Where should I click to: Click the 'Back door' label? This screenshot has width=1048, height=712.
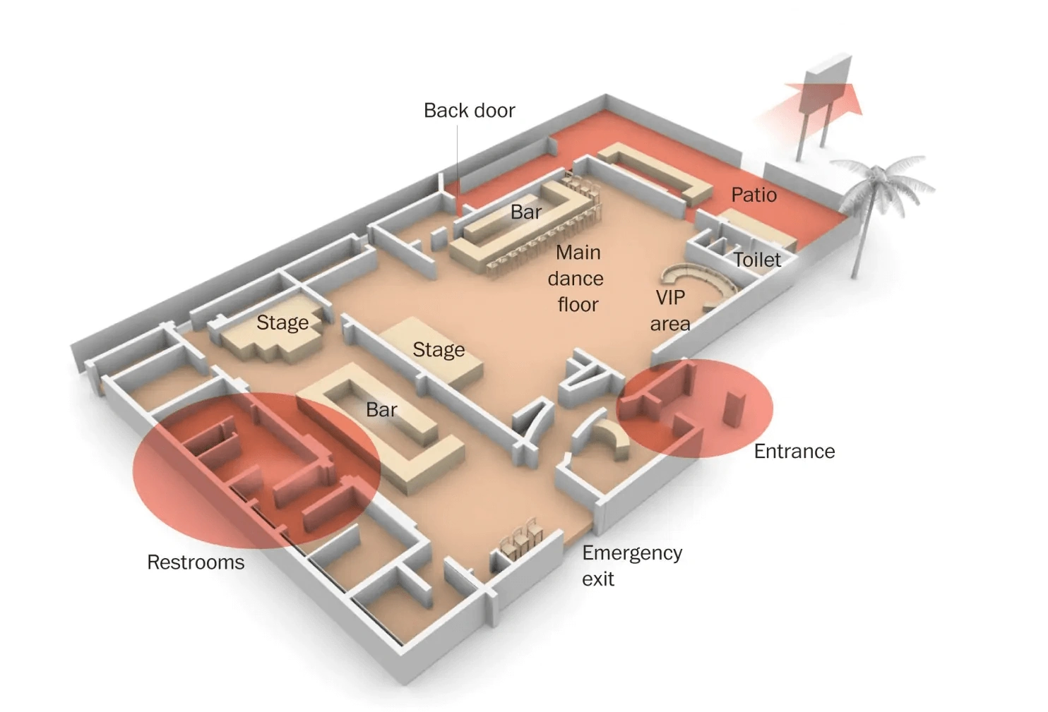click(x=469, y=111)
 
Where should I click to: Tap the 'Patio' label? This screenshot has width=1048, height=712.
click(x=754, y=195)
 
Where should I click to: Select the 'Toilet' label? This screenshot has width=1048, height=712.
click(x=757, y=260)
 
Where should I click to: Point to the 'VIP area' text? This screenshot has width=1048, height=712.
click(x=670, y=310)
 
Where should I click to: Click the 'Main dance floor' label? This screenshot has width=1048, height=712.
click(x=577, y=278)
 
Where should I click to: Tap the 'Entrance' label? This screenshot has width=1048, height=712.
click(x=794, y=451)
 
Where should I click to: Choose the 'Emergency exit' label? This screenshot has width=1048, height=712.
click(x=631, y=565)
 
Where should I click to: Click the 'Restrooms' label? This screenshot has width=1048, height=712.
click(x=196, y=562)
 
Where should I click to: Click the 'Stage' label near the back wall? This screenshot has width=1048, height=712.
click(x=282, y=322)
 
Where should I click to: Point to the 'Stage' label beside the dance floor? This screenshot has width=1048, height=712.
click(x=439, y=349)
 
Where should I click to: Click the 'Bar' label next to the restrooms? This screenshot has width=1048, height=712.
click(x=381, y=409)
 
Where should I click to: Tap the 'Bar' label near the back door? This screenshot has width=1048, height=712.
click(x=526, y=212)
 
